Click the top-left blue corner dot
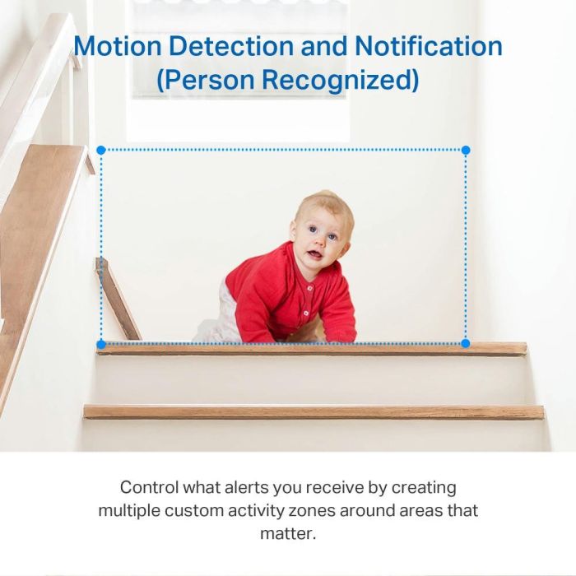click(x=100, y=151)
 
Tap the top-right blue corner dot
click(x=466, y=151)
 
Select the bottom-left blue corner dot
click(x=100, y=343)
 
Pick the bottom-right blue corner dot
click(x=466, y=343)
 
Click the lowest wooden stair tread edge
click(x=314, y=411)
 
